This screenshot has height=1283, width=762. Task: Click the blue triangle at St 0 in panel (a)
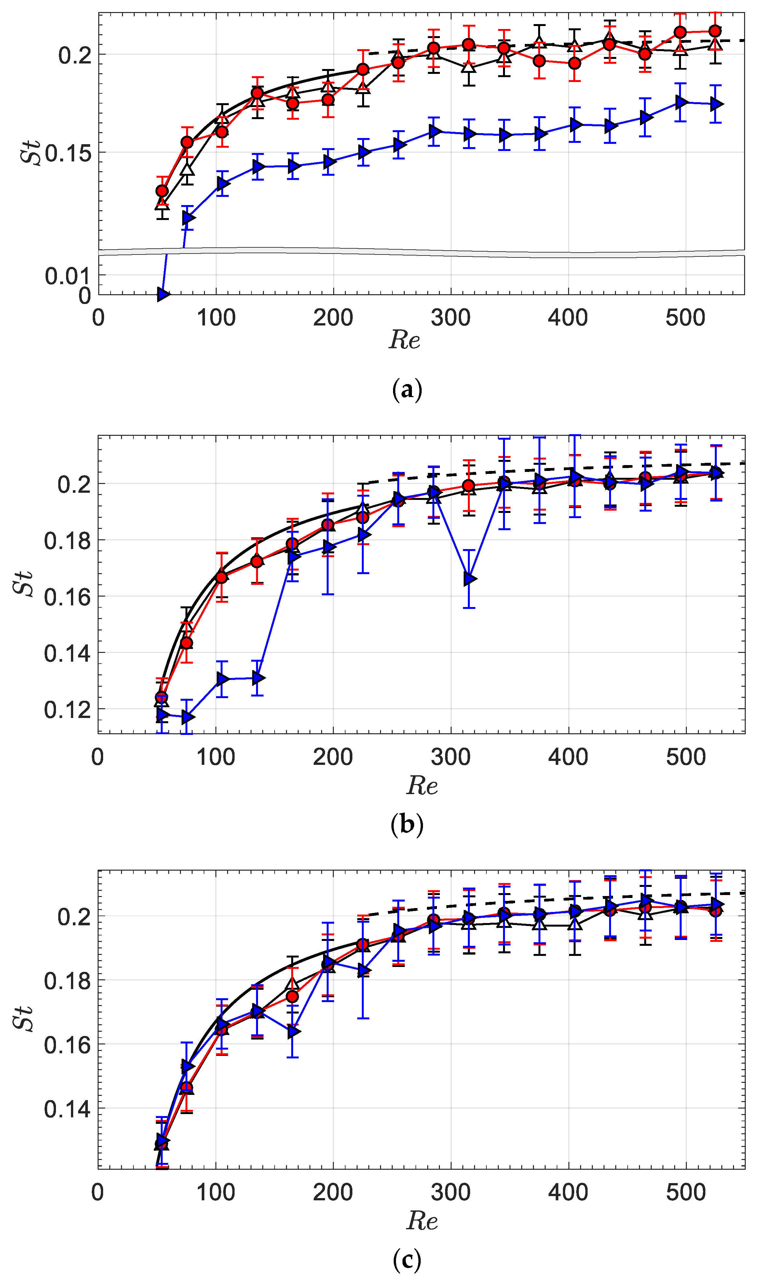pos(163,294)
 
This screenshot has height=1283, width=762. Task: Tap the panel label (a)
pos(407,390)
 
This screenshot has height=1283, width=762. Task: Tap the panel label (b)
pos(407,824)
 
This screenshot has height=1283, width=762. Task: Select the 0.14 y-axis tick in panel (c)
pos(67,1109)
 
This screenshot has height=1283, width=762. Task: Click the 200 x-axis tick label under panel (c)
pos(333,1192)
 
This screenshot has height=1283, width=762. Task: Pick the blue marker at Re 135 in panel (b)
pos(258,678)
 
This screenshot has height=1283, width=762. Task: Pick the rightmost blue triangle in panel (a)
pos(716,104)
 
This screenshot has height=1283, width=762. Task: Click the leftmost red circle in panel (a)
pos(162,191)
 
